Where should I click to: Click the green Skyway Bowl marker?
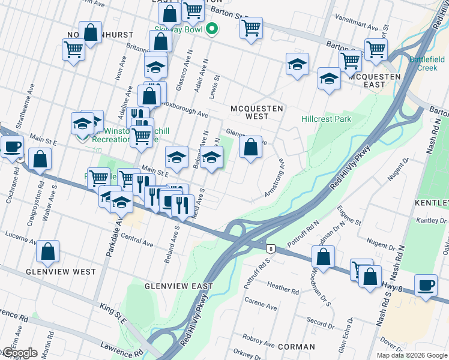[211, 29]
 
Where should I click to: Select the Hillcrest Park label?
[326, 119]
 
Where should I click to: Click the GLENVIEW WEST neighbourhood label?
[61, 272]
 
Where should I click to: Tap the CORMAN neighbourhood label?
[297, 347]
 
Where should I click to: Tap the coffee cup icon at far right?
[426, 285]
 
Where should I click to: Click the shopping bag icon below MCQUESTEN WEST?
[251, 147]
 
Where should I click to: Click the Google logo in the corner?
[19, 353]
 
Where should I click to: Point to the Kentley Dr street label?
[431, 221]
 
